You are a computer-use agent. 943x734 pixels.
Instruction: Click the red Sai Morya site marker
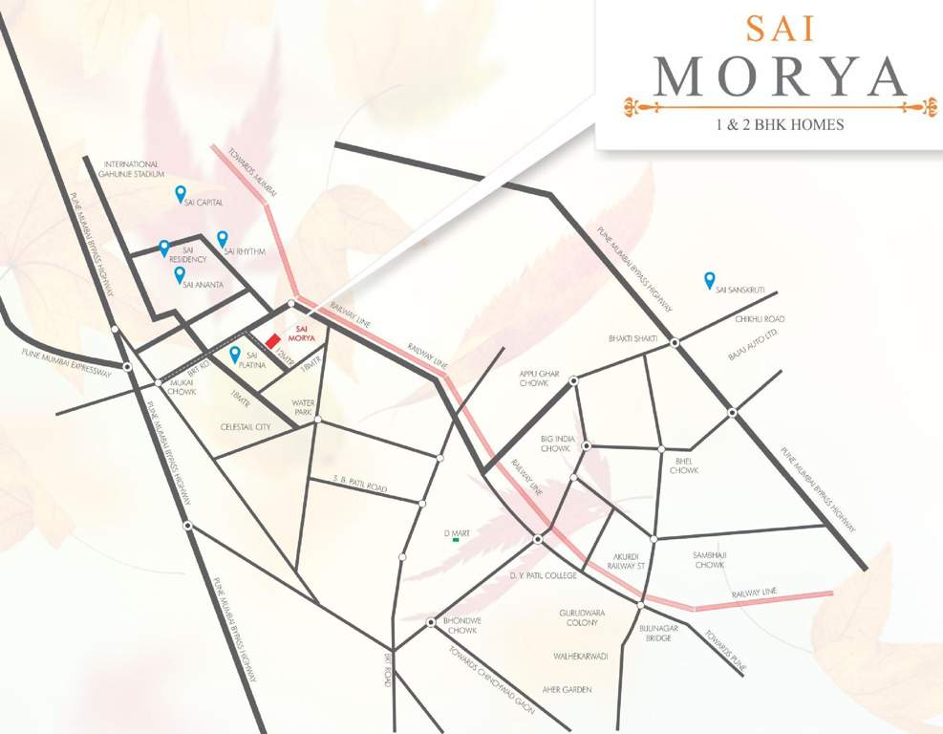(x=272, y=339)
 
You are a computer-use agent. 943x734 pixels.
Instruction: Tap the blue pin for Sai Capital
(x=180, y=194)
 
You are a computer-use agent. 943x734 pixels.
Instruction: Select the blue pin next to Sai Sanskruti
(x=709, y=279)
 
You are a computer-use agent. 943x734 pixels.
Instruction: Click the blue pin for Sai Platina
(x=234, y=354)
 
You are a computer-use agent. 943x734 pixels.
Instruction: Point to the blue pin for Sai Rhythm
(x=223, y=238)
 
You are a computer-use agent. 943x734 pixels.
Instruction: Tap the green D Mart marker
(x=456, y=541)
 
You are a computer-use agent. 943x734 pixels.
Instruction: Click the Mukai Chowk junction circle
(x=159, y=382)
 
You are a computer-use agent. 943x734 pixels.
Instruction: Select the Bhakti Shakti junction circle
(x=675, y=342)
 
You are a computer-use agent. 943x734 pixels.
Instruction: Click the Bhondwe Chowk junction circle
(x=431, y=622)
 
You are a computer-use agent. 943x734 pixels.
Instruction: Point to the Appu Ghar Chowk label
(x=539, y=378)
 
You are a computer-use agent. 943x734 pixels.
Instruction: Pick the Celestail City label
(x=246, y=426)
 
